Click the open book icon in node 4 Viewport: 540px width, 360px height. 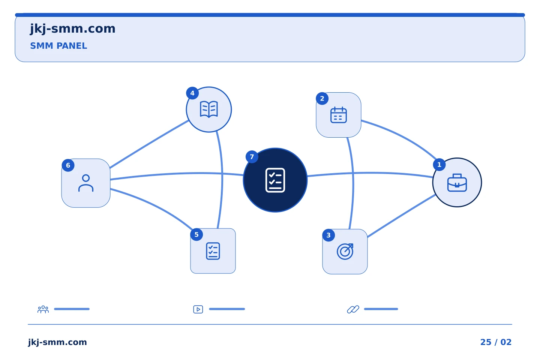(x=209, y=109)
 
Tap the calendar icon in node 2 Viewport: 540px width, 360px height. (x=339, y=115)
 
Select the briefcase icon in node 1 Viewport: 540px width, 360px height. (x=457, y=183)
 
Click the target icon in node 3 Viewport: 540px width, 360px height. (x=345, y=251)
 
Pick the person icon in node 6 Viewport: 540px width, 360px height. (x=86, y=183)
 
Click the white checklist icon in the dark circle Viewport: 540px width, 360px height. (x=275, y=180)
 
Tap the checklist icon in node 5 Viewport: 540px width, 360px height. (x=213, y=251)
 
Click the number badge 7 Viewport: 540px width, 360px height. (x=252, y=157)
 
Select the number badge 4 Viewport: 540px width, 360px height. (x=192, y=93)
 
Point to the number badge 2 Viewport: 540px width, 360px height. (x=322, y=98)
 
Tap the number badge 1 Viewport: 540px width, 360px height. (x=439, y=165)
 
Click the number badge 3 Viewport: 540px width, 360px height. (x=328, y=235)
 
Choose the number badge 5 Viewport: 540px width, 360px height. (x=196, y=234)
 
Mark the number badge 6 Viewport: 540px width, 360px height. (x=68, y=165)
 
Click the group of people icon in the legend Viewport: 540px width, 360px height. (x=43, y=309)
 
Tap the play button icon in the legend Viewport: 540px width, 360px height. (x=198, y=309)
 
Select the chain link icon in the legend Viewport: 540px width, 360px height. (x=353, y=309)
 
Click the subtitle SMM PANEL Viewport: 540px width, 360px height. (x=58, y=46)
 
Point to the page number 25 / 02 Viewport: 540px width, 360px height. (x=496, y=342)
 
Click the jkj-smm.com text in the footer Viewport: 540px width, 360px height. (x=57, y=342)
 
